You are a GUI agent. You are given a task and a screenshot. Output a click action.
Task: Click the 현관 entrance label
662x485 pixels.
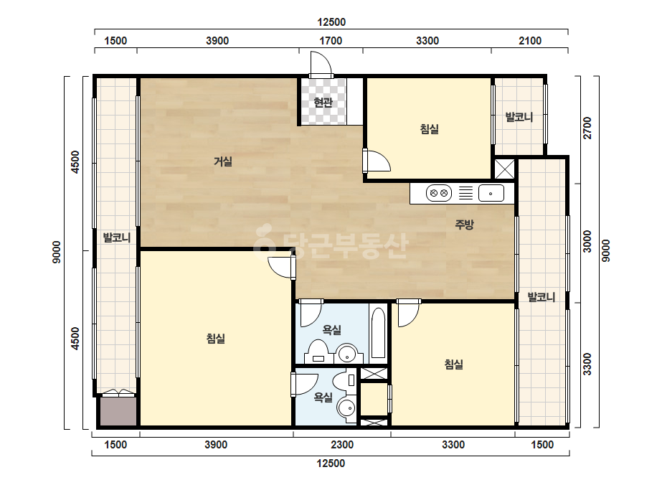tap(323, 103)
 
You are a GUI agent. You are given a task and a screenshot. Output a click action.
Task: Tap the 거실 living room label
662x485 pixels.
tap(223, 161)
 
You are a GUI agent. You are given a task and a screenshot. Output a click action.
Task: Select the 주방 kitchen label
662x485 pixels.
tap(464, 224)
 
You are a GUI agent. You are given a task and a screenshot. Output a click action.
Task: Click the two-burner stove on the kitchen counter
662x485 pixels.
tap(438, 194)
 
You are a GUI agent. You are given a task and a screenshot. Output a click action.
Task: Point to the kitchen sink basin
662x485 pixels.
tap(491, 194)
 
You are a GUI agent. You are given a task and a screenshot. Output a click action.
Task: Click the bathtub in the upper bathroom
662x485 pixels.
tap(378, 334)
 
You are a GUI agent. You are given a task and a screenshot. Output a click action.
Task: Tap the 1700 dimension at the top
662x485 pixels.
tap(331, 41)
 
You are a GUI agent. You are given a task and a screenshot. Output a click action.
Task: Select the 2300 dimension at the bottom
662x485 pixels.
tap(342, 445)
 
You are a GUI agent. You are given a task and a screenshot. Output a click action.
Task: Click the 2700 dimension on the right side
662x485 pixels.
tap(587, 128)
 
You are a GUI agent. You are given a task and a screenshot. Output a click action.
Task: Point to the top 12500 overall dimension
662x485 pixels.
tap(331, 22)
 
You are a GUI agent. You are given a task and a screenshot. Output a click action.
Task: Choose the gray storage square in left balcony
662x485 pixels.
tap(118, 412)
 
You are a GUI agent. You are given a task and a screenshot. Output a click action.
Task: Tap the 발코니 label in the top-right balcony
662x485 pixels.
tap(519, 117)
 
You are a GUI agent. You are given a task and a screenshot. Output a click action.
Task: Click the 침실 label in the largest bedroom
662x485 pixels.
tap(216, 339)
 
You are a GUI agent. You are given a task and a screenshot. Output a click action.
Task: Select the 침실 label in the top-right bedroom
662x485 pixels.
tap(430, 129)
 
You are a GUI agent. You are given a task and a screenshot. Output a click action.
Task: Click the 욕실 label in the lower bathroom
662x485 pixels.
tap(323, 397)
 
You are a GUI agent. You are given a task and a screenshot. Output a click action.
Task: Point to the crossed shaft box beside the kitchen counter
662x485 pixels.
tap(504, 169)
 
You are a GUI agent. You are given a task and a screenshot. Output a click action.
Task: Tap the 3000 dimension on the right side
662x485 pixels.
tap(587, 241)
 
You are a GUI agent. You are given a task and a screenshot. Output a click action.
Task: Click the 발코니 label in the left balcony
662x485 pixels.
tap(117, 237)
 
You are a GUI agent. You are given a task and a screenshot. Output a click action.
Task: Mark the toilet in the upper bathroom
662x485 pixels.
tap(318, 352)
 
